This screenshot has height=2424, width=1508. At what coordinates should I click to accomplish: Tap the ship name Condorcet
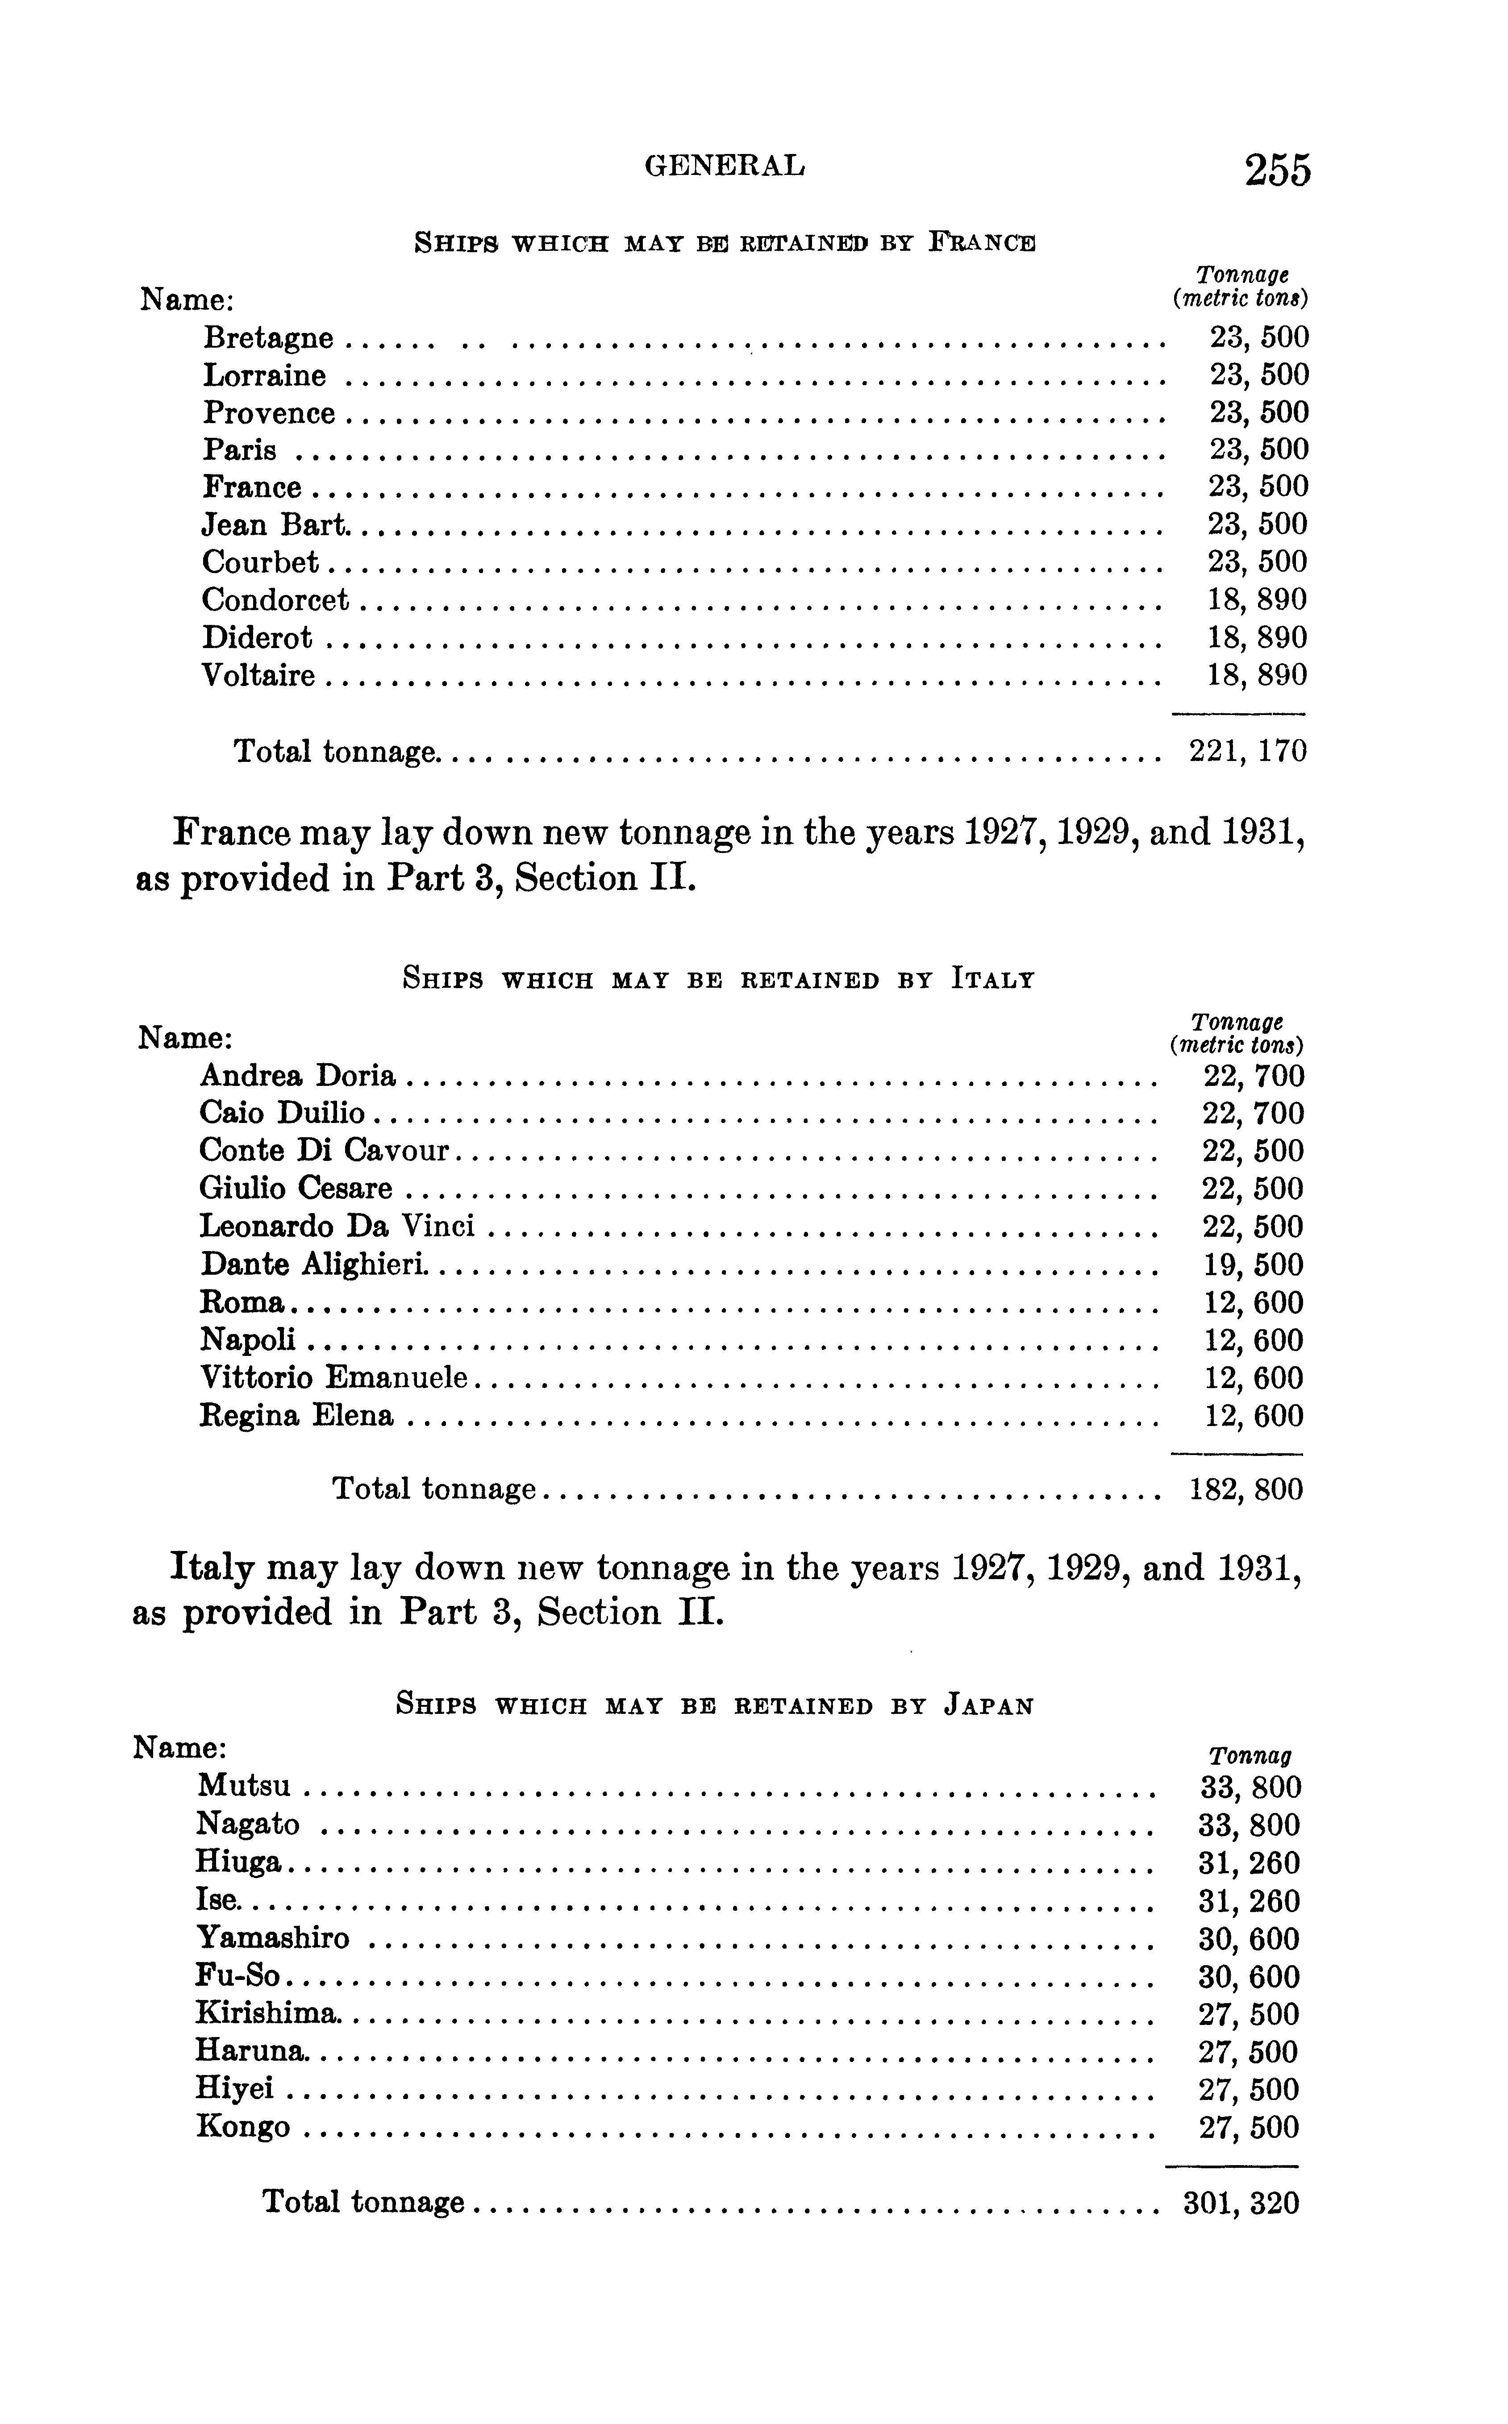[x=275, y=600]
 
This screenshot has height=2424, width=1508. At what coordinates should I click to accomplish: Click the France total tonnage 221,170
[x=1248, y=751]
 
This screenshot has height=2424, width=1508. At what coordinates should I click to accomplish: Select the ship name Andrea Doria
[x=297, y=1076]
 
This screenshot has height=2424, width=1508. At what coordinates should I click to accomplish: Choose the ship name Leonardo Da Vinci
[x=336, y=1227]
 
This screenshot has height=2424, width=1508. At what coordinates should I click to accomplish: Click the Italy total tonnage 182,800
[x=1247, y=1490]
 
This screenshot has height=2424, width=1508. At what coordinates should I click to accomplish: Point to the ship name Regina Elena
[x=296, y=1416]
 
